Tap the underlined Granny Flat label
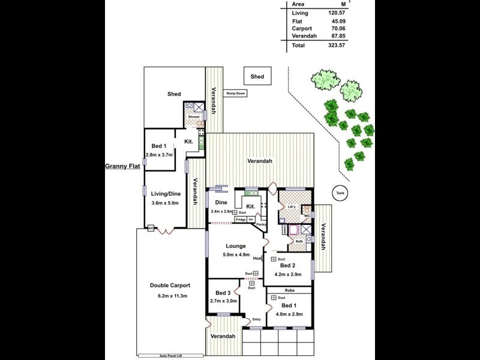point(122,167)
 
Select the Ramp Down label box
point(236,93)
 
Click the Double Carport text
point(170,286)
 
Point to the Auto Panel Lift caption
point(170,355)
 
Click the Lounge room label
point(236,246)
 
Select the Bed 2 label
point(287,265)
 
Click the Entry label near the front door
point(256,319)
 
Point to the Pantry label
point(260,224)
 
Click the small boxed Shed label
point(257,77)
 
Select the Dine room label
point(221,203)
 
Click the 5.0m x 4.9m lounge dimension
point(236,256)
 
